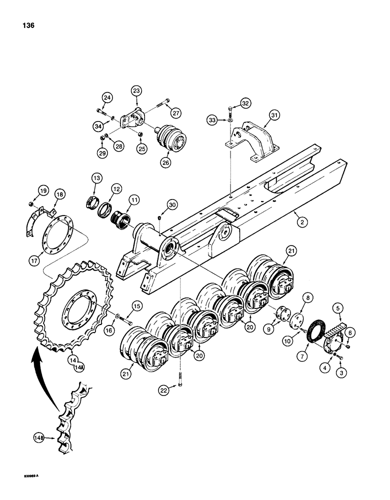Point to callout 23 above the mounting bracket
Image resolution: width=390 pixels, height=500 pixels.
pyautogui.click(x=136, y=90)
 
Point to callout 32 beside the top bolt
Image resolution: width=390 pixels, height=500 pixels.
pyautogui.click(x=245, y=103)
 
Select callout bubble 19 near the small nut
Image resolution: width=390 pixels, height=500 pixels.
pyautogui.click(x=42, y=190)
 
